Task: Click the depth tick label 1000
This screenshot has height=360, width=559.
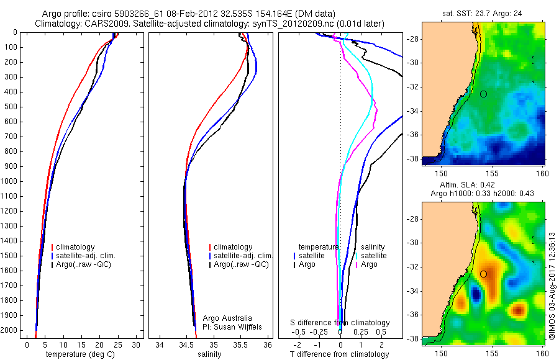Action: coord(10,181)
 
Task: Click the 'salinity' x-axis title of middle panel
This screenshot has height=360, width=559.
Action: coord(209,354)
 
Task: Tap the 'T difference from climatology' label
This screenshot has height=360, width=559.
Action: coord(339,354)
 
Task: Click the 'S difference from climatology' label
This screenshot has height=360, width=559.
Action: coord(340,323)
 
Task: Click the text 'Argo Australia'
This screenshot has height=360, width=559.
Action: coord(227,318)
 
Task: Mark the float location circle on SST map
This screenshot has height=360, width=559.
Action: coord(483,94)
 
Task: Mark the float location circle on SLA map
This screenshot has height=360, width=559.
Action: coord(483,274)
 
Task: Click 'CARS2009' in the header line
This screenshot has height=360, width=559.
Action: coord(102,24)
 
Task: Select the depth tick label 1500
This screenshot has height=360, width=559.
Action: coord(10,256)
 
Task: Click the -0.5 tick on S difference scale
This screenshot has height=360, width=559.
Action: coord(302,332)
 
